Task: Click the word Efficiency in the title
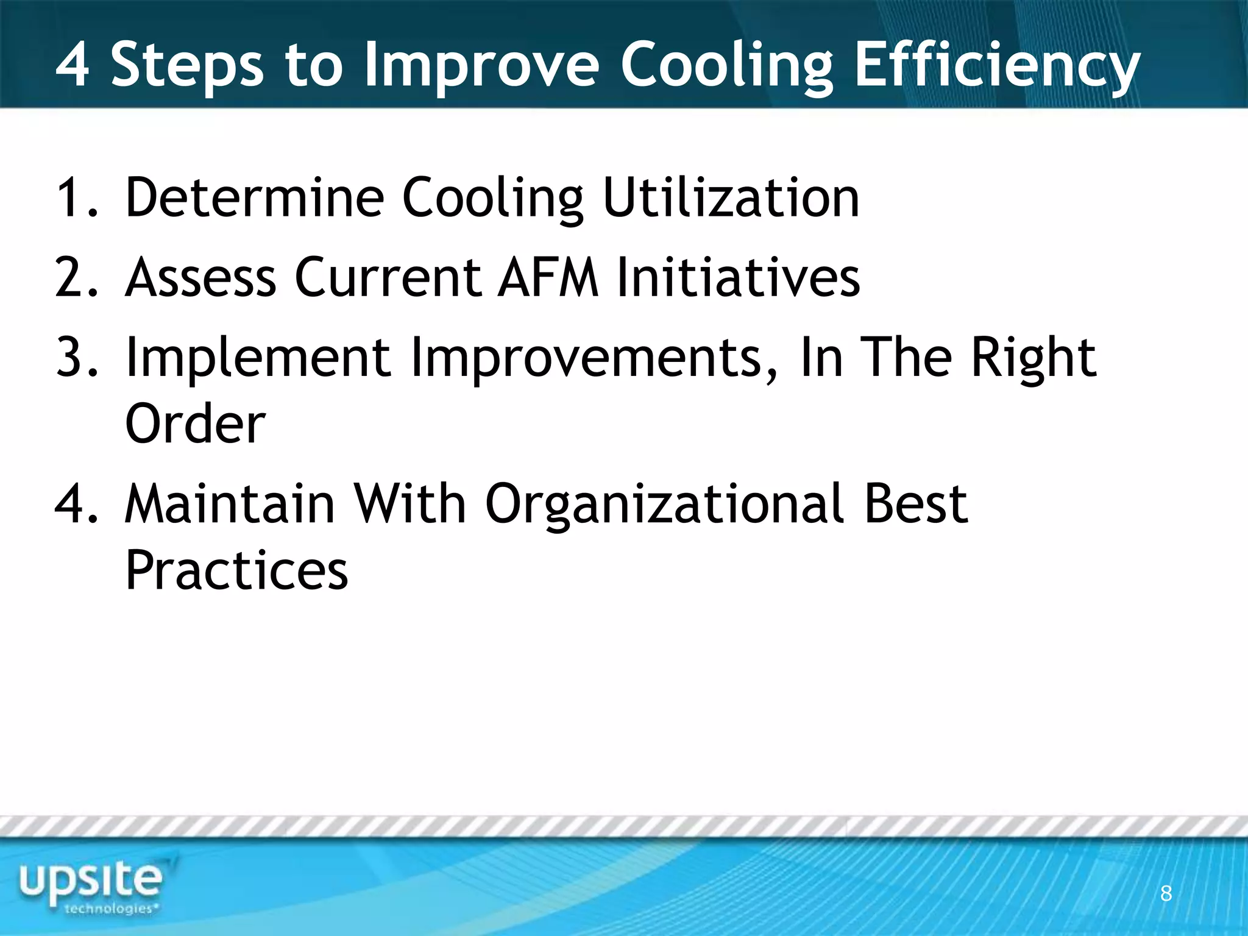[x=997, y=66]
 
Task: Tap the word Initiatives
[x=739, y=277]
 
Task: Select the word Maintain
[x=230, y=504]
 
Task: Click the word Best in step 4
[x=915, y=504]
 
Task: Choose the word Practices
[x=236, y=570]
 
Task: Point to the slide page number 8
[x=1166, y=893]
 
